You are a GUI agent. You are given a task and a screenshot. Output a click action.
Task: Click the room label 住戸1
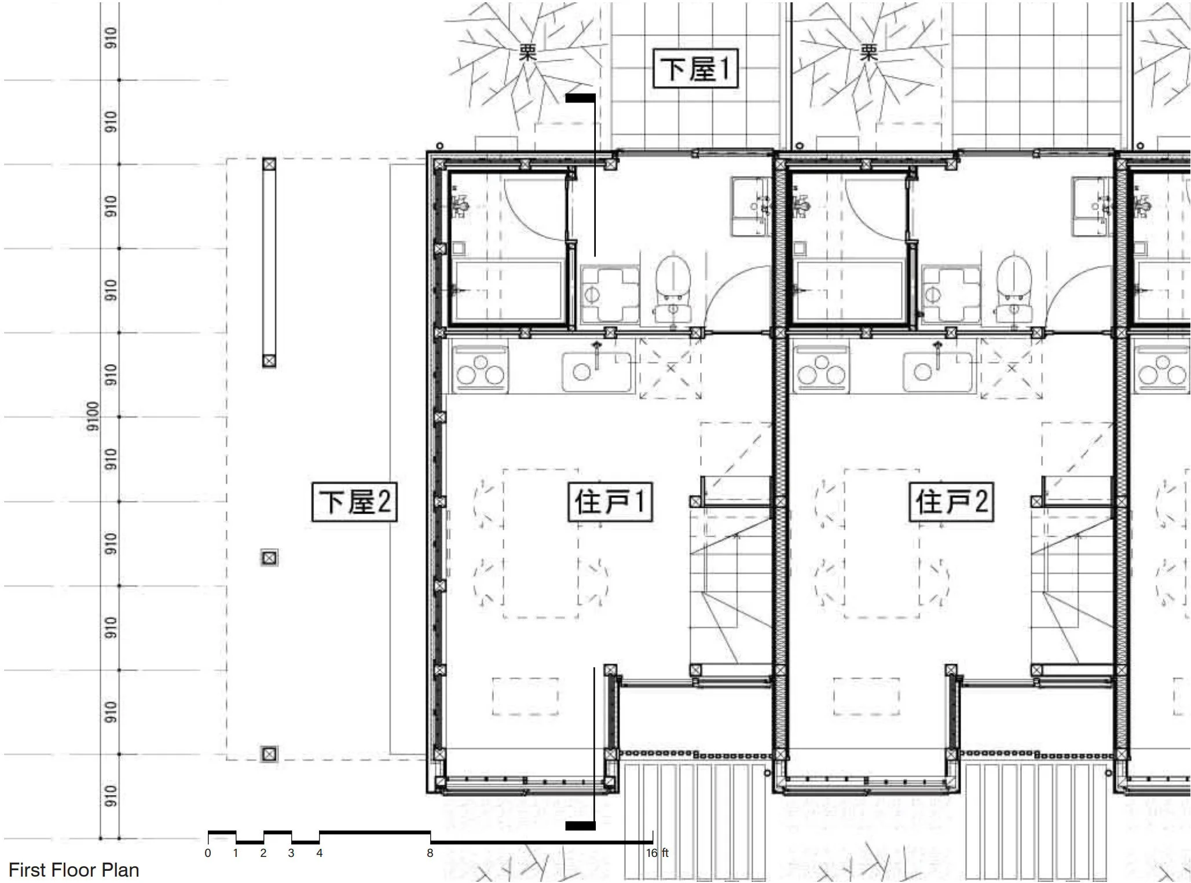[610, 501]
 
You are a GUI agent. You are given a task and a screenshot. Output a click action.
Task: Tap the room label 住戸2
[951, 501]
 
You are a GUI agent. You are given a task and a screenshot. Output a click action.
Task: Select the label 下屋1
[695, 68]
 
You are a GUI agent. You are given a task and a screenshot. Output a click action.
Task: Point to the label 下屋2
[354, 501]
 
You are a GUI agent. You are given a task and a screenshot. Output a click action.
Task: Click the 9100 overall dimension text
[93, 416]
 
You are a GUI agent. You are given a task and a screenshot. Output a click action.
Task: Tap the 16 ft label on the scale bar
[657, 853]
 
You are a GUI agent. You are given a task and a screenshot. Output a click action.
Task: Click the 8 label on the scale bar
[430, 853]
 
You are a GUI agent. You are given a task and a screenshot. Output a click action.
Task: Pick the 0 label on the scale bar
[208, 853]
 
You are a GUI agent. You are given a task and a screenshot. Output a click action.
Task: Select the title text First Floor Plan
[74, 870]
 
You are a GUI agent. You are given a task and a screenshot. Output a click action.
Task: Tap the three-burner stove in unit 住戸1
[480, 369]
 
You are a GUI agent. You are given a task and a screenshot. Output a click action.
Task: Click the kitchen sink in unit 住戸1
[595, 371]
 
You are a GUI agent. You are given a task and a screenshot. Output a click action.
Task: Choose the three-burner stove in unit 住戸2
[821, 369]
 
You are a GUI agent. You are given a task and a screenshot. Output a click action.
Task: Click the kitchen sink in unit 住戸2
[936, 371]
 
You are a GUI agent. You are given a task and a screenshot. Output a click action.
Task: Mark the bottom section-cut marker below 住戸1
[580, 826]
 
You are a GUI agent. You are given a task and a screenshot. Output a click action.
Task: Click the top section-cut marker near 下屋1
[580, 98]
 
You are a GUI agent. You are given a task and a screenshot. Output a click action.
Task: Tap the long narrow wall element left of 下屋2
[269, 262]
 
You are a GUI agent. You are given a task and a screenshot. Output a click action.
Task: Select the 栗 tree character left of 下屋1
[527, 54]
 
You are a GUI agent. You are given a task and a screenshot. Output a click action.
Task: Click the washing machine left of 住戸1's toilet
[609, 295]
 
